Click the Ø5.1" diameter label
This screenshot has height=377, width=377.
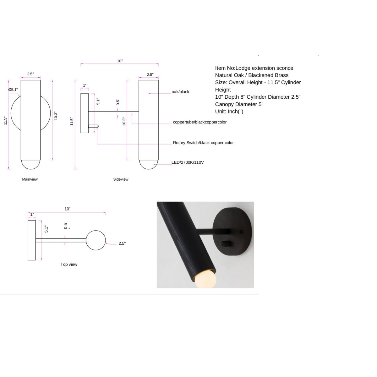[13, 90]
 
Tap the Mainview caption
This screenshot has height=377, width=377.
[30, 179]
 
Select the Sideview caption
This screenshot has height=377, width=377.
[121, 179]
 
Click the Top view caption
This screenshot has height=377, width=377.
[69, 264]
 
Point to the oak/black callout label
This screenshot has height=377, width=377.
[180, 91]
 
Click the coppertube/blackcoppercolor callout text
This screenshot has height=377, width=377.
[199, 122]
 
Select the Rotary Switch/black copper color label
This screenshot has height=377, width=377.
[203, 143]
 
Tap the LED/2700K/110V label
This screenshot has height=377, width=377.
[188, 162]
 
